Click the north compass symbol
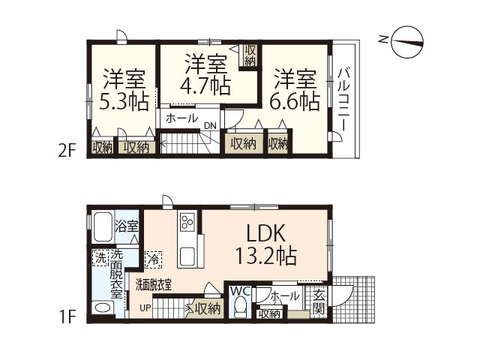(x=407, y=42)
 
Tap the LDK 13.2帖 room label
(x=266, y=244)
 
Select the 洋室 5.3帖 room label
(x=124, y=89)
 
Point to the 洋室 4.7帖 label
(x=205, y=74)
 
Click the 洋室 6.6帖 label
(x=295, y=90)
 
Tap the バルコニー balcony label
(x=343, y=100)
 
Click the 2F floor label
(x=67, y=151)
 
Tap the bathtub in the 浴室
(x=103, y=227)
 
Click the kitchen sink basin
(x=187, y=256)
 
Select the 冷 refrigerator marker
(x=153, y=260)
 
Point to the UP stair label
(x=145, y=307)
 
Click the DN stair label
(x=210, y=125)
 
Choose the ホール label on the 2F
(x=181, y=118)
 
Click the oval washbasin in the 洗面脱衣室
(x=103, y=307)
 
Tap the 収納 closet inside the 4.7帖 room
(x=250, y=55)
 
